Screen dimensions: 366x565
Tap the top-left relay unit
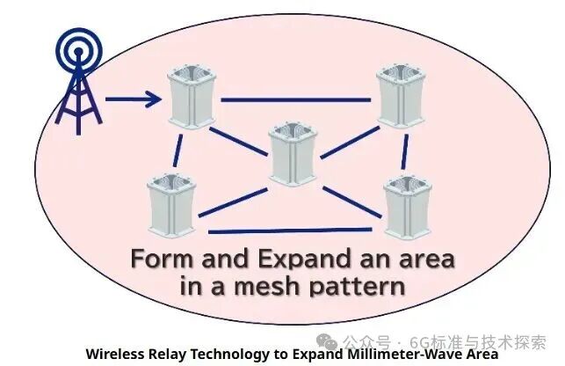191,98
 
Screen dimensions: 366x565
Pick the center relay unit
293,153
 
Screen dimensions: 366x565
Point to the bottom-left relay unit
170,204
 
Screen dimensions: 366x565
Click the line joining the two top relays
297,99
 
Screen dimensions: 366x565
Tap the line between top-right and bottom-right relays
405,150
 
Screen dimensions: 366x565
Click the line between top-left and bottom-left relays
180,145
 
